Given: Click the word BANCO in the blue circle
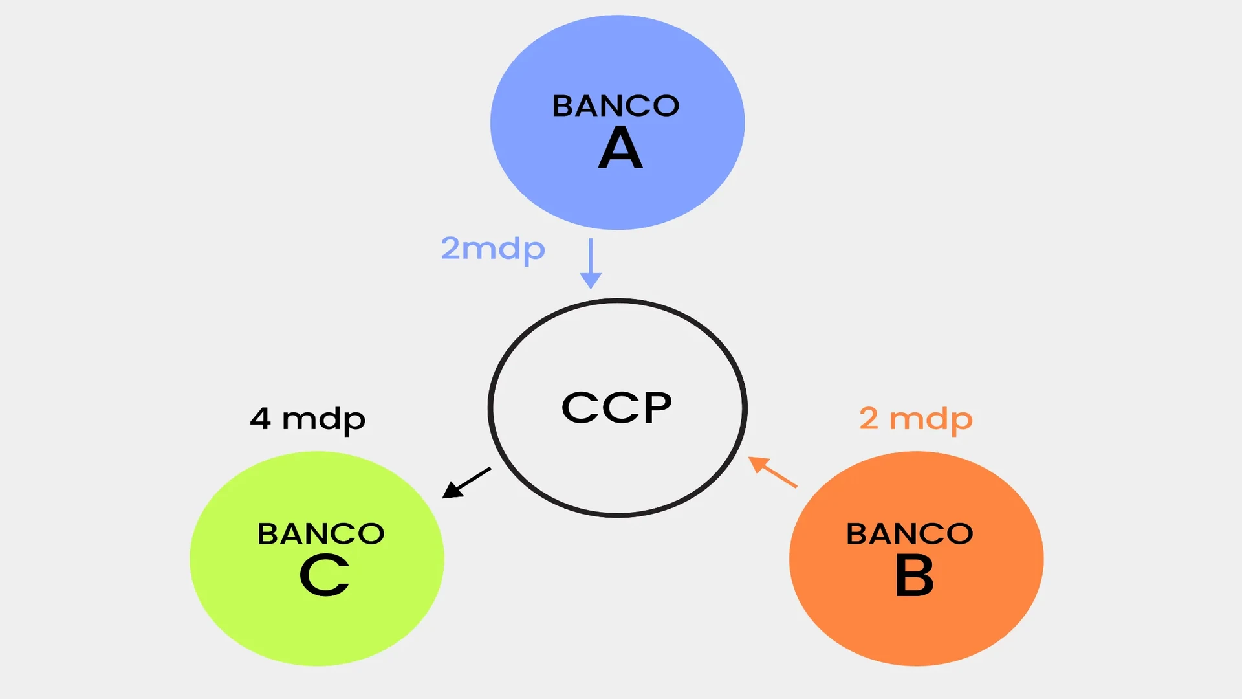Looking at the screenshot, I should (x=615, y=106).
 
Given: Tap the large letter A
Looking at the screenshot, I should (x=620, y=148).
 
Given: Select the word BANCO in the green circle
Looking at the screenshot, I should (x=321, y=534).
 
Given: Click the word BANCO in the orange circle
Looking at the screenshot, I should (x=910, y=534).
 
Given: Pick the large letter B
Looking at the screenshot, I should (x=914, y=575).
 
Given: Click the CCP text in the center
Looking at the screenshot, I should (x=616, y=408).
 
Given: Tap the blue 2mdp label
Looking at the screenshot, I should (x=493, y=249).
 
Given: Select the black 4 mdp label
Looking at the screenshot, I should (x=308, y=419).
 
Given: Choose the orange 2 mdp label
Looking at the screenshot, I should (x=916, y=419).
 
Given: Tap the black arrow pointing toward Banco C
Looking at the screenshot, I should (x=468, y=482).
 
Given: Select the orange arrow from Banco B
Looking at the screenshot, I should (x=774, y=472).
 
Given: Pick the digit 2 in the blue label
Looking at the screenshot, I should (x=450, y=248).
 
